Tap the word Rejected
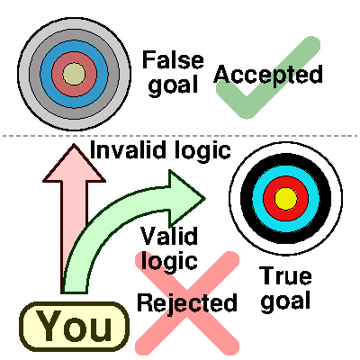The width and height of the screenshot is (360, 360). click(187, 302)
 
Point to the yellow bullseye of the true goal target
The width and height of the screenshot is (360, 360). click(285, 197)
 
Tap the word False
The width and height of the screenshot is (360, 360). click(174, 61)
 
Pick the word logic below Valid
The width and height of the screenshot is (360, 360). click(169, 262)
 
